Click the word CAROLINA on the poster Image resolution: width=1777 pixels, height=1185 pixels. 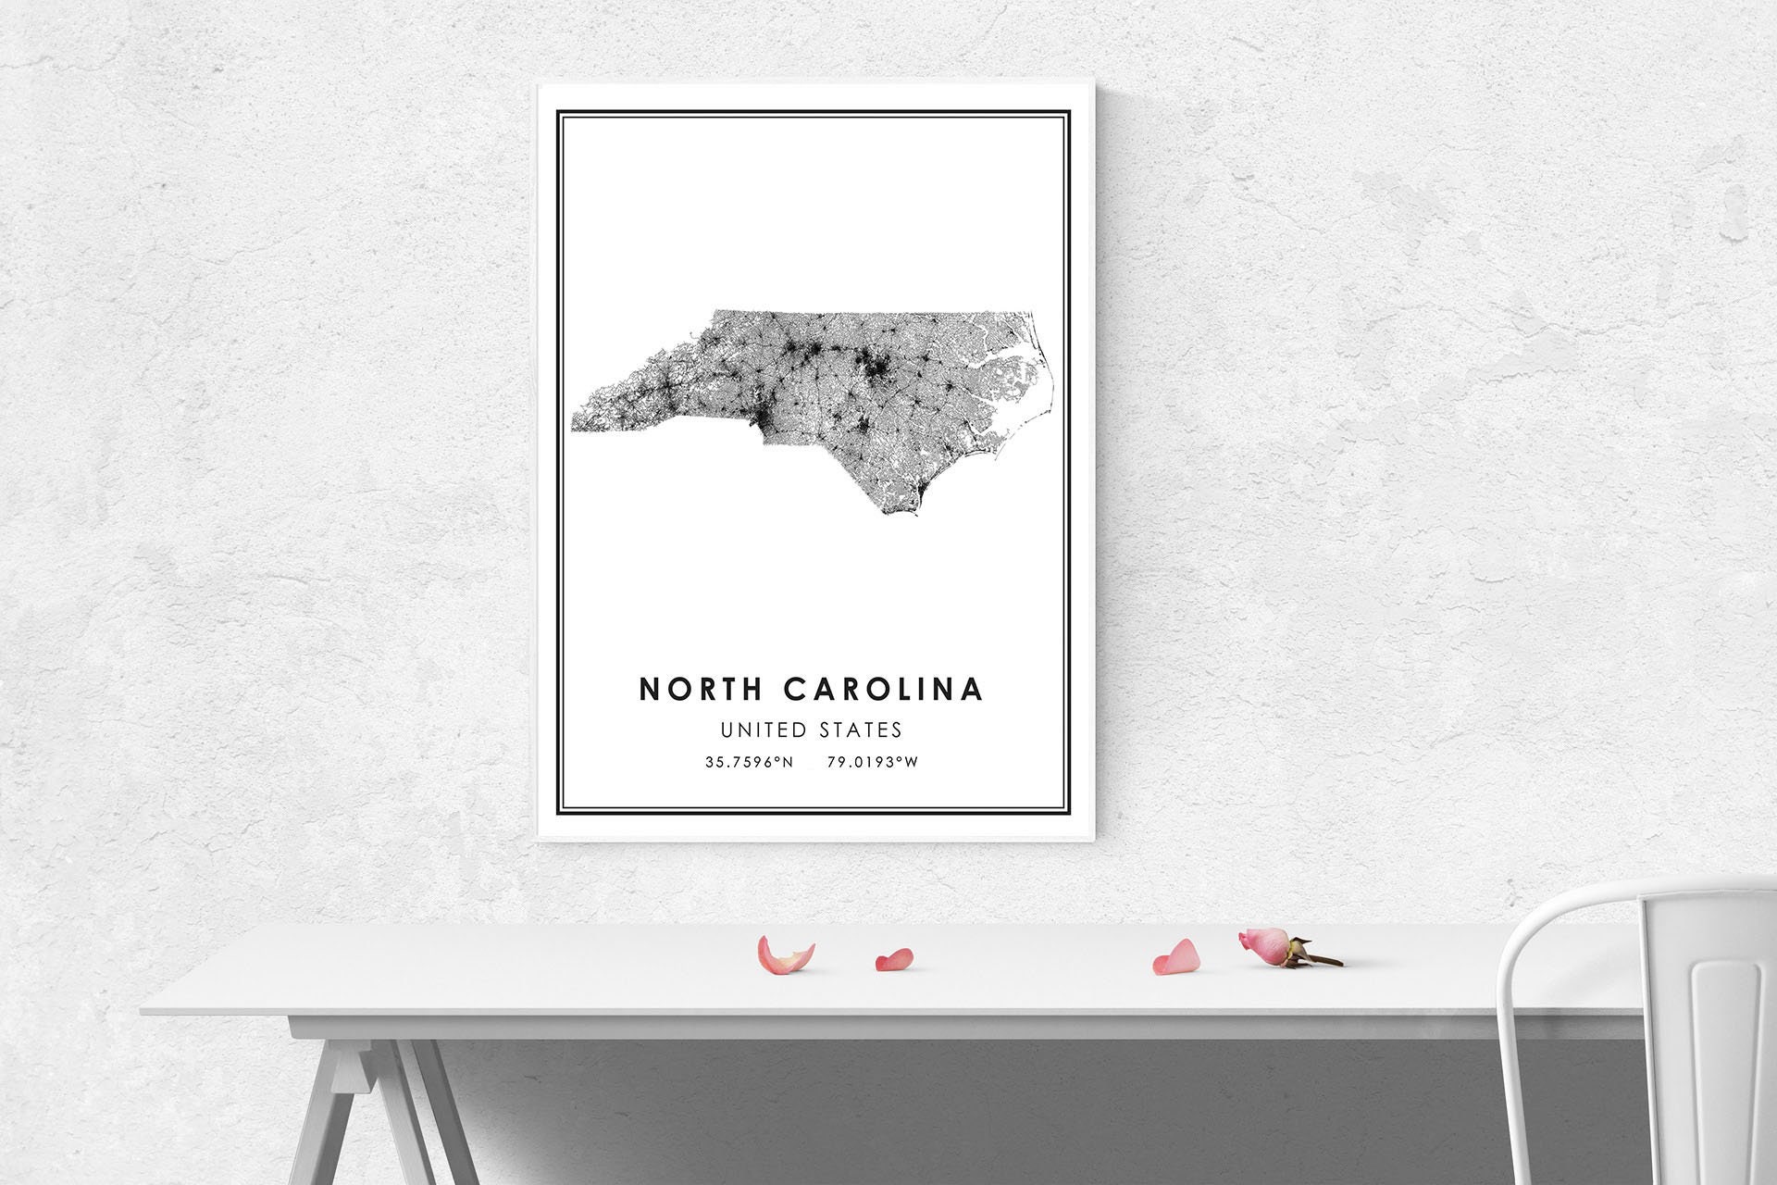click(884, 690)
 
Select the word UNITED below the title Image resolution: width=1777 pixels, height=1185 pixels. click(764, 730)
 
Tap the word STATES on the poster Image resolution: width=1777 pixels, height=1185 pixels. click(861, 730)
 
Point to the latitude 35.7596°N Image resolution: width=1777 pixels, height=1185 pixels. click(749, 763)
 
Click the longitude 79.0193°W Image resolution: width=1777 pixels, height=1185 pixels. click(873, 763)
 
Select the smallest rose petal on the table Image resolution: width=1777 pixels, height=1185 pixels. click(894, 959)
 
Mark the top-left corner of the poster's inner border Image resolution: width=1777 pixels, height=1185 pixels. click(563, 118)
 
